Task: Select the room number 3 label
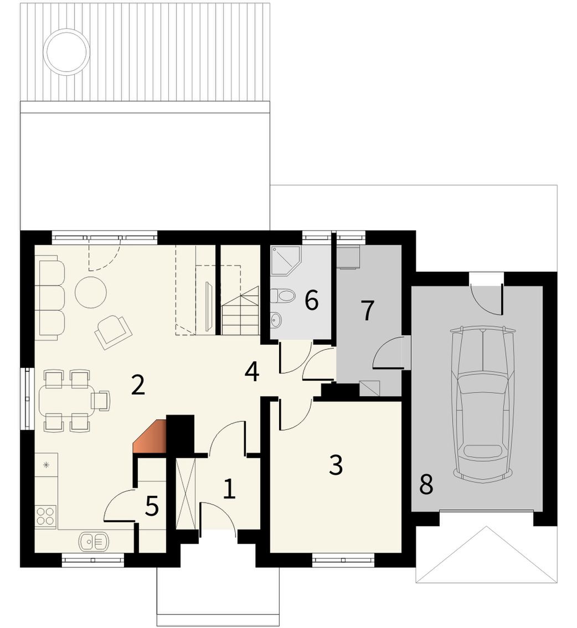click(x=336, y=465)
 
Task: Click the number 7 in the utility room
click(x=368, y=310)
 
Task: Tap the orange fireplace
click(x=150, y=437)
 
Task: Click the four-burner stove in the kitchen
click(x=45, y=516)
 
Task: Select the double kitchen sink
click(x=94, y=542)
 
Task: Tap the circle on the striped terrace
click(x=66, y=51)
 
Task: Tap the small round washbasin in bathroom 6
click(x=276, y=319)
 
